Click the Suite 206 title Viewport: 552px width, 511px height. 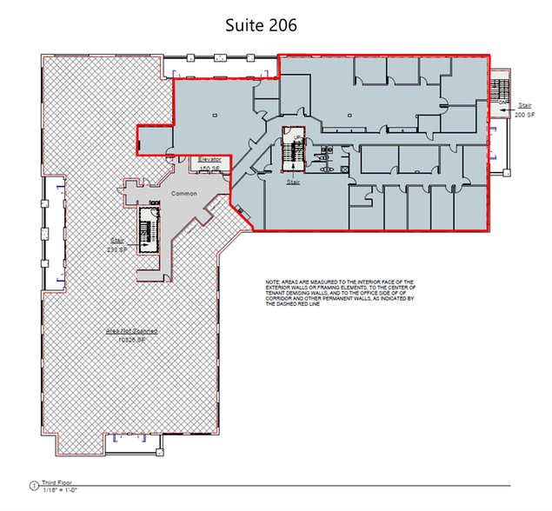coord(260,25)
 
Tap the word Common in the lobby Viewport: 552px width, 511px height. coord(184,193)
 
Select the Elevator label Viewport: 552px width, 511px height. coord(210,160)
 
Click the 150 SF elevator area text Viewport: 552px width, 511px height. coord(210,168)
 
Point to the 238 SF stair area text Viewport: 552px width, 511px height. coord(117,246)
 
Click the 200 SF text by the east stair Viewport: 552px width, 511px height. coord(524,114)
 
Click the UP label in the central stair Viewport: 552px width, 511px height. coord(297,138)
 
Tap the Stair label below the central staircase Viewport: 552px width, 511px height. coord(293,182)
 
